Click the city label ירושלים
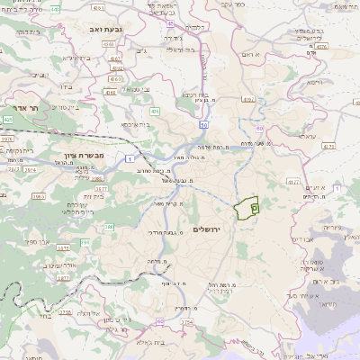(212, 229)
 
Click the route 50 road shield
(204, 124)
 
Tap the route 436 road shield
(155, 112)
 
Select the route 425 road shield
(8, 119)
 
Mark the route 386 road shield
(108, 227)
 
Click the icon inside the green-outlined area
(254, 208)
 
